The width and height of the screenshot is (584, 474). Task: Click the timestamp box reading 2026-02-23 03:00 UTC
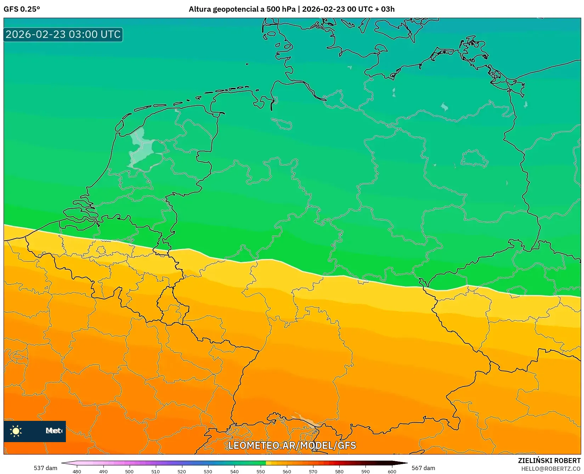pos(63,34)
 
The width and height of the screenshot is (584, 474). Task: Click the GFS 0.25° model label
pos(22,9)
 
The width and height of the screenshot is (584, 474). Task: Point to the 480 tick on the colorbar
pos(77,471)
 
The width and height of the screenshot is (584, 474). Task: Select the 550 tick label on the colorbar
pos(261,471)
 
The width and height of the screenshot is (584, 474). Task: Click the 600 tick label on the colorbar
pos(392,471)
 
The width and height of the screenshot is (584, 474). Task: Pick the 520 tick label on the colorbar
pos(182,471)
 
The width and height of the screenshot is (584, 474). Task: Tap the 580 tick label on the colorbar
pos(339,471)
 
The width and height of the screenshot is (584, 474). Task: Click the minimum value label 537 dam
pos(45,468)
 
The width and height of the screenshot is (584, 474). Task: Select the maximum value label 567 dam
pos(423,468)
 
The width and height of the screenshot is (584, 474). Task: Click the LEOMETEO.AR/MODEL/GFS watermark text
pos(292,445)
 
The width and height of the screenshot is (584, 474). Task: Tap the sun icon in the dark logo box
pos(16,431)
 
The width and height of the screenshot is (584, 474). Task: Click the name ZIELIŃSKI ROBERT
pos(549,461)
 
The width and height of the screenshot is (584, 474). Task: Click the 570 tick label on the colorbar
pos(313,471)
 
